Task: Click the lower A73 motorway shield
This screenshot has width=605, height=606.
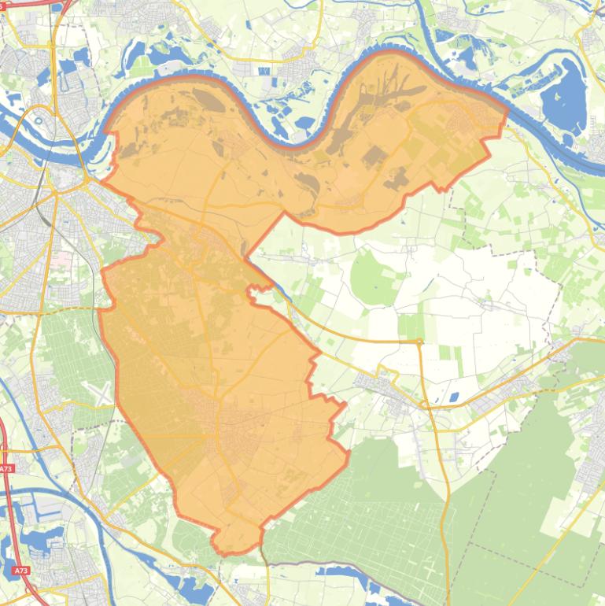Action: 21,571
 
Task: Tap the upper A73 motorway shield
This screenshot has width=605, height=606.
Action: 6,469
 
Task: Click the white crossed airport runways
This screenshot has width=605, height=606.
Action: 103,394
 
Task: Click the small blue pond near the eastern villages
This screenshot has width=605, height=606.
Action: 452,397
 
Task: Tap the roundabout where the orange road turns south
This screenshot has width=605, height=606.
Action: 419,342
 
